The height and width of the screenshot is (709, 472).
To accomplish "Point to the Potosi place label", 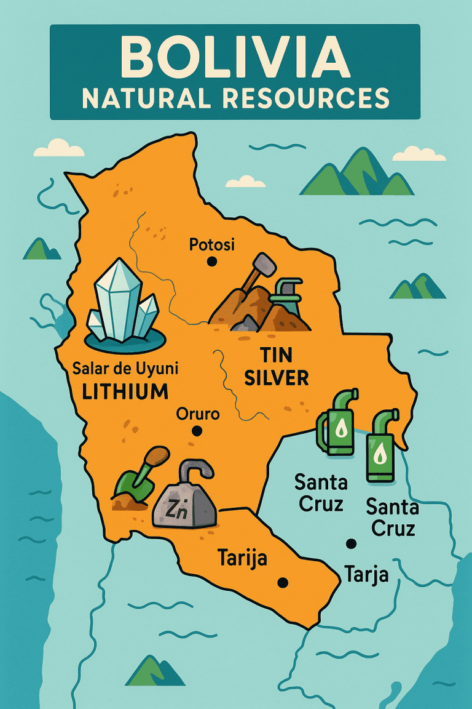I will pos(211,245).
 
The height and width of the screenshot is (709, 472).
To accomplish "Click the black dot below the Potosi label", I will pos(212,262).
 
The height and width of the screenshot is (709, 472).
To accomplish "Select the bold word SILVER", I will pos(276,378).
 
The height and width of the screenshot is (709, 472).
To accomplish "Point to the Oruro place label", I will pos(197,414).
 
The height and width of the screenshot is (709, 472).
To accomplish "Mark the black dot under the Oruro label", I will pos(197,431).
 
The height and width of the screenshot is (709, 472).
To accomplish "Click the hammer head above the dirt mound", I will pos(264,265).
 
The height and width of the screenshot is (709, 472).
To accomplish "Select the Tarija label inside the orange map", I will pos(242,559).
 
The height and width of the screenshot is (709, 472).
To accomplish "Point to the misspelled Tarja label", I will pos(366,574).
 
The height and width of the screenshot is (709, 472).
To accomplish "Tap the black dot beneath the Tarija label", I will pos(283,582).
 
